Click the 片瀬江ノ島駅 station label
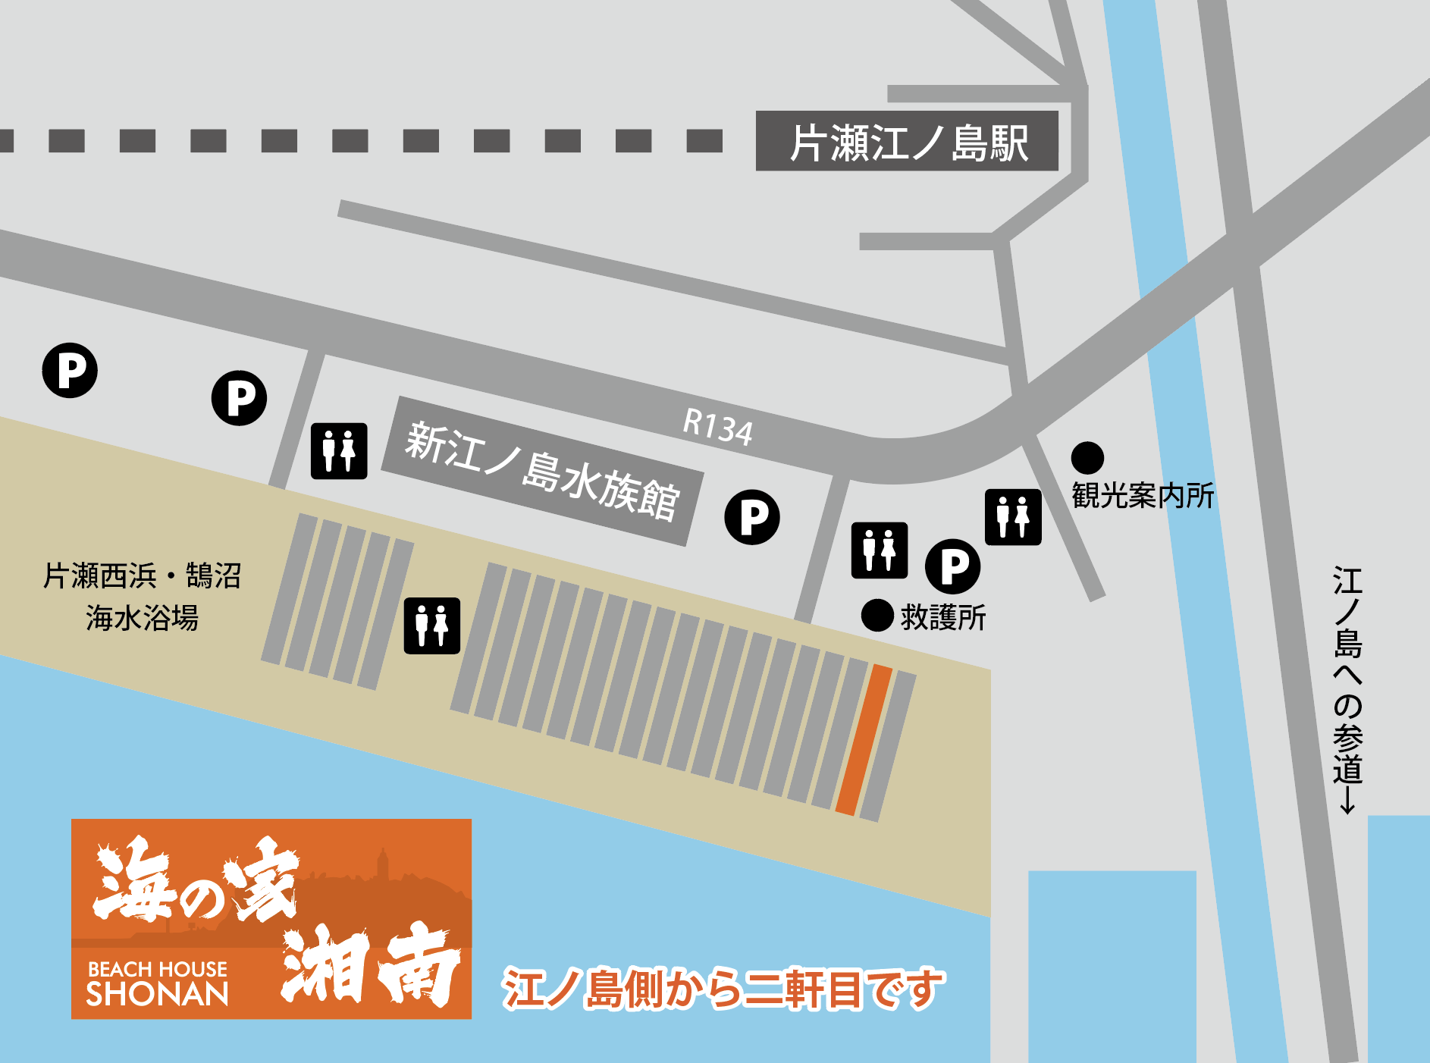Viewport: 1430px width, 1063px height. (907, 142)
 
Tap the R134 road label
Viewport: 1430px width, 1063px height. (717, 426)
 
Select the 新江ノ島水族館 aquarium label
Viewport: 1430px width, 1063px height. (541, 471)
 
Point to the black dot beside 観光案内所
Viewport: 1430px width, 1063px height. (1087, 458)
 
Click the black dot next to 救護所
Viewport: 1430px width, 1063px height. (877, 615)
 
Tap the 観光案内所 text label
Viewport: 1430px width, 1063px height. (1143, 496)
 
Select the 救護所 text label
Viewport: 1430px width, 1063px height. (943, 618)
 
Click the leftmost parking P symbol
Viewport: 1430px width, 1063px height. (70, 370)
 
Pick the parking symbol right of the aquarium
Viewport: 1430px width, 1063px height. (752, 517)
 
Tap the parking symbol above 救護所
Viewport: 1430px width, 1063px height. (953, 566)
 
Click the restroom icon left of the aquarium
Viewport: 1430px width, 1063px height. (339, 451)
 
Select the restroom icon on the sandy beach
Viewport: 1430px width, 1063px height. (432, 626)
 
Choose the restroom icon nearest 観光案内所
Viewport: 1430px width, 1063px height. (1013, 517)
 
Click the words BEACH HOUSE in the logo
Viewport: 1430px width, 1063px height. (158, 969)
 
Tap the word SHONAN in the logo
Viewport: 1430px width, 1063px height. (158, 994)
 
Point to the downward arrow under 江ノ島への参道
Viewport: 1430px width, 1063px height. (1347, 801)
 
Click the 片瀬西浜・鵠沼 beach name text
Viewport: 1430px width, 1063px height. (142, 576)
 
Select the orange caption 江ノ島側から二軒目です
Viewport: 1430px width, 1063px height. (723, 989)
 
